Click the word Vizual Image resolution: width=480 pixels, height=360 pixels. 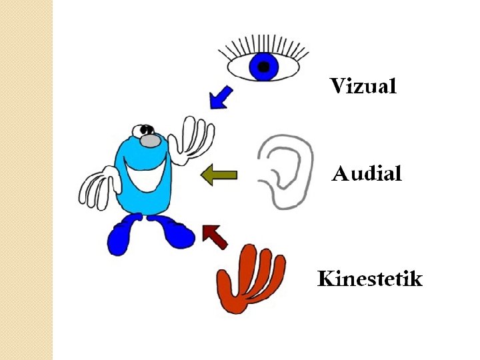point(363,86)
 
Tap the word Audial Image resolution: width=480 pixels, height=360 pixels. point(367,175)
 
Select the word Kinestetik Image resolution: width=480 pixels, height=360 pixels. point(369,278)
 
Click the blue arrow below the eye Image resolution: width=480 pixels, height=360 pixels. point(220,97)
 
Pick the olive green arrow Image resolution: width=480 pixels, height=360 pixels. point(219,175)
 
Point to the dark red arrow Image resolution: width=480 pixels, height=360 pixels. point(215,235)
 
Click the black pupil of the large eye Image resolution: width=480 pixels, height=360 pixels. point(264,67)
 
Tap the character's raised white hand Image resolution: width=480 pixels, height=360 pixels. point(192,140)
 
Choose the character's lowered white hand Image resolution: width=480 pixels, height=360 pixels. point(98,189)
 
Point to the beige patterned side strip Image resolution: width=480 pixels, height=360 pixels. point(26,180)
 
